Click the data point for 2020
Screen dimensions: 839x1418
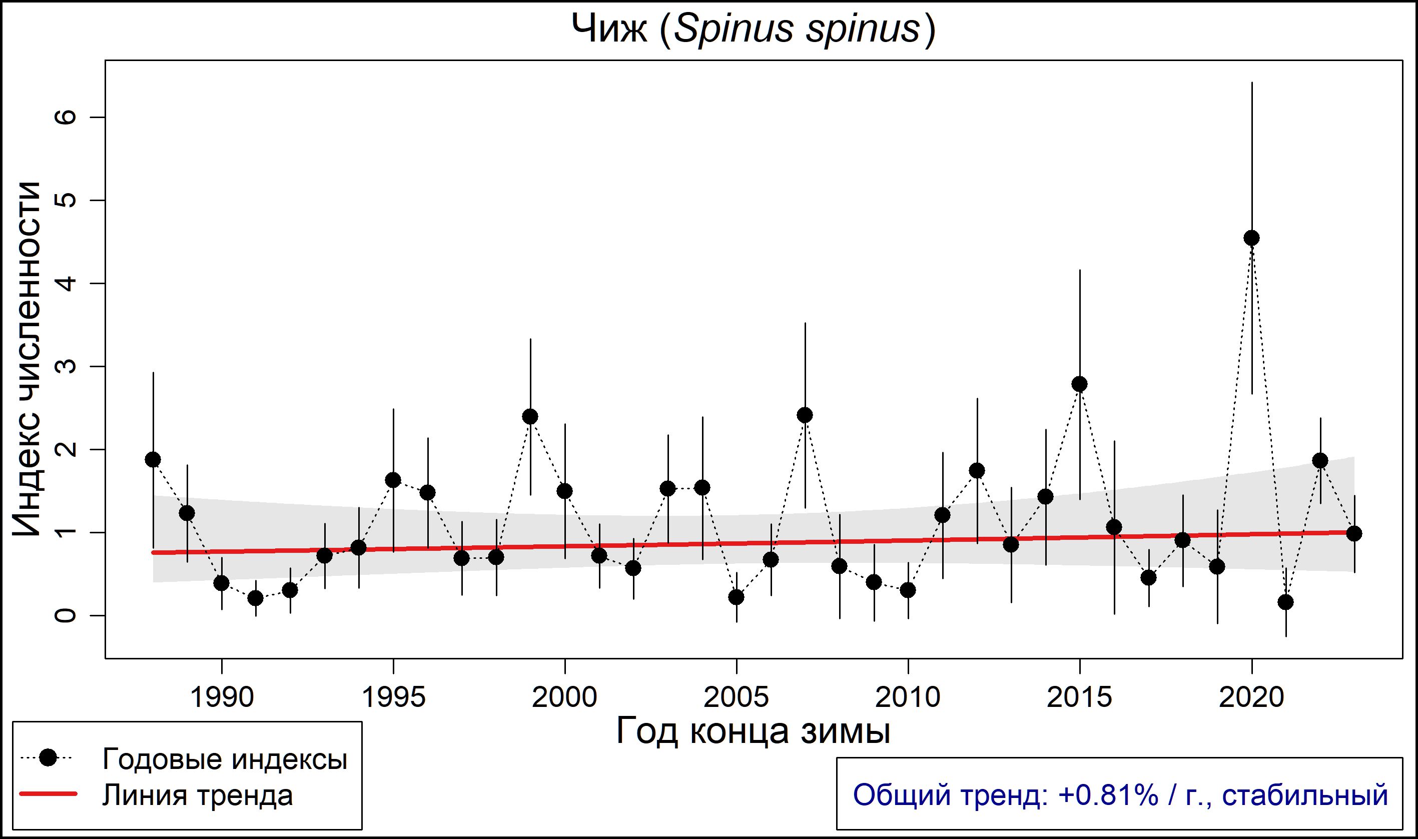[1252, 238]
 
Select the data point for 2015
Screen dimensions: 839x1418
[1079, 384]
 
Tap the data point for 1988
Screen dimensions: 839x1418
[153, 459]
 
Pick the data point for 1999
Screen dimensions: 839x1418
[530, 417]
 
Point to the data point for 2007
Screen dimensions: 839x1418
[805, 415]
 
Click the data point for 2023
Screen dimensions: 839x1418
[1354, 533]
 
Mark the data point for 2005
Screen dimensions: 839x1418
[736, 597]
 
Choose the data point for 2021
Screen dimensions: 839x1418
[1286, 602]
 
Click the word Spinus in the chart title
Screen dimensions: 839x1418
[734, 29]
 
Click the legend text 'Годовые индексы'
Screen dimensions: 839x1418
[225, 759]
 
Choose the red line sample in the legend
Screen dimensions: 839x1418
[48, 794]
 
